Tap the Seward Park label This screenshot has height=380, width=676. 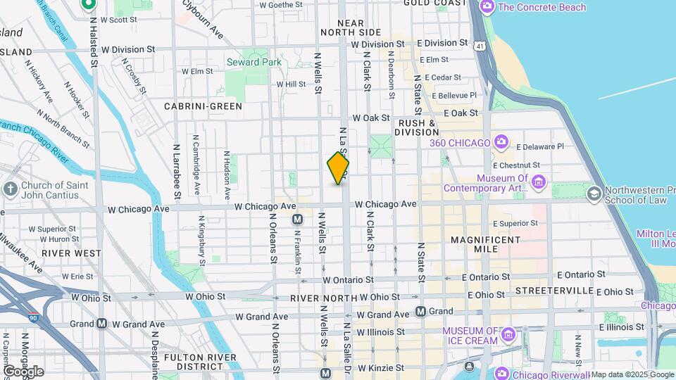point(254,62)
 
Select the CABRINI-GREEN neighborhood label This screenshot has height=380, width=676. point(203,106)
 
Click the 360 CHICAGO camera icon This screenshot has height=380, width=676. point(501,143)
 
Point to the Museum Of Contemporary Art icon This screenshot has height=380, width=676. point(539,182)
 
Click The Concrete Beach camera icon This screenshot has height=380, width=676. point(487,7)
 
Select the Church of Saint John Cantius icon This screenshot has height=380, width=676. point(11,189)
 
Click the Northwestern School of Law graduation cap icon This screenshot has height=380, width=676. point(594,194)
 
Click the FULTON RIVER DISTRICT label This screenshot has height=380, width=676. point(194,362)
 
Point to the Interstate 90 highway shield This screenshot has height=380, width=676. point(34,318)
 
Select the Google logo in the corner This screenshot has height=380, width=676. point(23,371)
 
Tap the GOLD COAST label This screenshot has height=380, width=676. point(434,4)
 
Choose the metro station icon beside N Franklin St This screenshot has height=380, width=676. point(297,220)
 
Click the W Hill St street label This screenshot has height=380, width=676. point(291,84)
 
